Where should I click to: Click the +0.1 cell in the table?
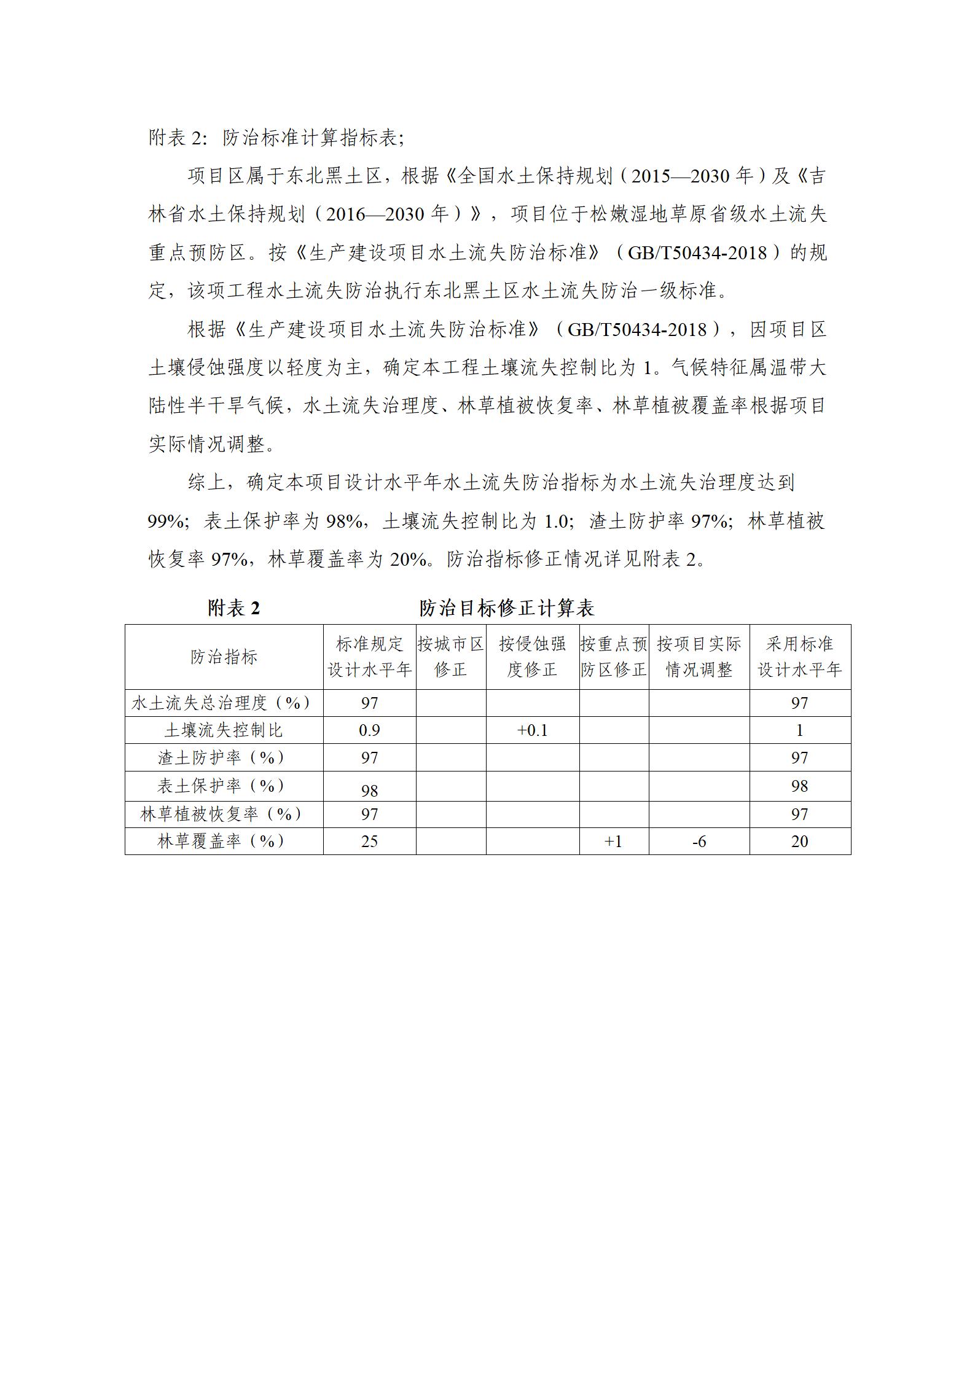pos(532,730)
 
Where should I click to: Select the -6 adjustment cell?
pos(699,842)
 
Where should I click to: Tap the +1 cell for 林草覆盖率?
pos(613,842)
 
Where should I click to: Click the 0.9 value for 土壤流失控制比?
pos(369,730)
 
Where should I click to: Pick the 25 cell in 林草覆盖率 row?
pos(369,842)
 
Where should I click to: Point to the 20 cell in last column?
pos(799,842)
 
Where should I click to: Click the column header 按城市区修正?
pos(450,657)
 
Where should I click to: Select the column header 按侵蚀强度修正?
pos(532,657)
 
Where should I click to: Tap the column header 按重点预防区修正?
pos(613,657)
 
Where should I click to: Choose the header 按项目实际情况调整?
pos(699,657)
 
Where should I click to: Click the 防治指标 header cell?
pos(224,657)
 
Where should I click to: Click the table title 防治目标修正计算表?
pos(506,608)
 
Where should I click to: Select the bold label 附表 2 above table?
pos(234,608)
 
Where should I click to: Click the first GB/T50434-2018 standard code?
pos(697,253)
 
